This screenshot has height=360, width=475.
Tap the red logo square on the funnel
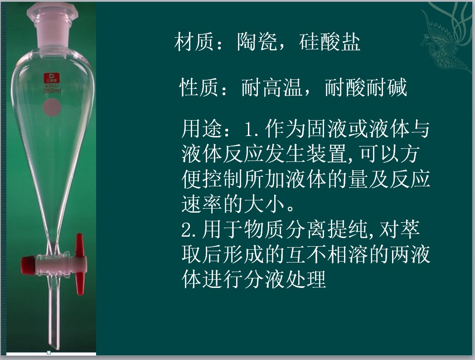(52, 78)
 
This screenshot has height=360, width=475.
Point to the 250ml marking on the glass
(52, 91)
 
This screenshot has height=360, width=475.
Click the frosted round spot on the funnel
(52, 108)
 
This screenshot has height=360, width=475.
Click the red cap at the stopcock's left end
(28, 263)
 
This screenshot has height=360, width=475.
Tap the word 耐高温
(272, 87)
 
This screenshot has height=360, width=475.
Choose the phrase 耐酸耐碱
(366, 87)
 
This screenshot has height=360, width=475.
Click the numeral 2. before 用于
(190, 230)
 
